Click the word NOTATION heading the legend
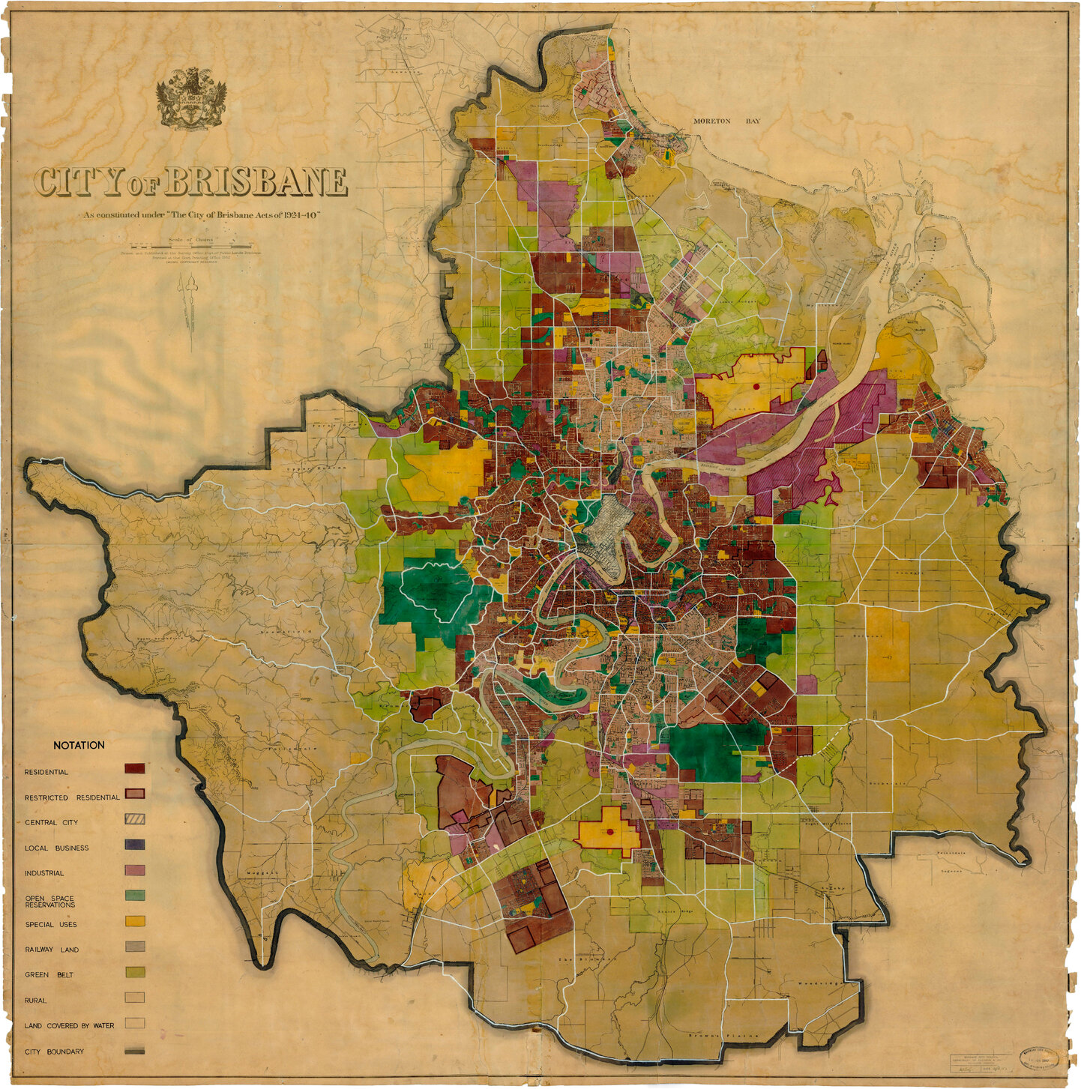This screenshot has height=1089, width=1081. [x=79, y=745]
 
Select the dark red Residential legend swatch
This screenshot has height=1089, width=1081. [x=135, y=768]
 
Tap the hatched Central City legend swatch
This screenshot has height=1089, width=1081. [x=135, y=818]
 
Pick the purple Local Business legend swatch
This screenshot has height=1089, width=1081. [x=135, y=845]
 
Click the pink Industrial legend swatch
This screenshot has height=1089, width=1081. [x=135, y=870]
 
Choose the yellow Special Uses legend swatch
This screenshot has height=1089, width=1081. [x=135, y=921]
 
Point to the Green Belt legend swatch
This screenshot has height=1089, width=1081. [x=135, y=972]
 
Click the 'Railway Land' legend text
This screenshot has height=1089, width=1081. [x=52, y=950]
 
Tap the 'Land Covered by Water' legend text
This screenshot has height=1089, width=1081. [x=69, y=1025]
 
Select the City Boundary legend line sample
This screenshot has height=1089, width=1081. [x=135, y=1051]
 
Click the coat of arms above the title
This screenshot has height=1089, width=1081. [x=191, y=98]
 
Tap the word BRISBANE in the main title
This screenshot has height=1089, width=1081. [x=255, y=182]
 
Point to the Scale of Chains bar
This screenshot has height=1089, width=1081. [x=190, y=246]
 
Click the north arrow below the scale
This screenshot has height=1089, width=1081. [x=190, y=307]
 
